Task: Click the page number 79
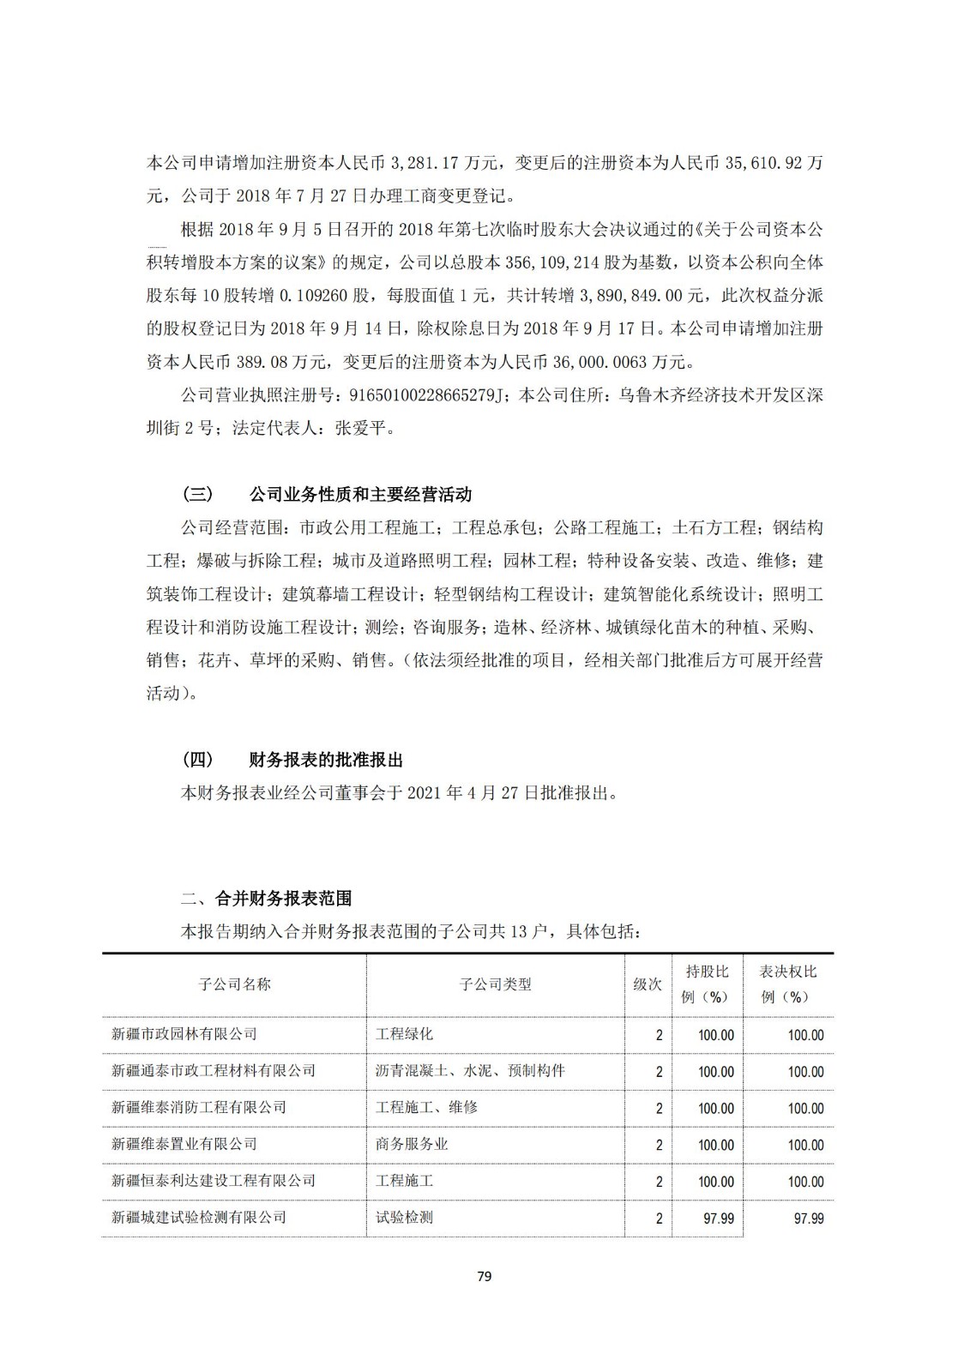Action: coord(484,1276)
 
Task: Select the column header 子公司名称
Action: coord(234,984)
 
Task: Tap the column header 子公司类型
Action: coord(495,984)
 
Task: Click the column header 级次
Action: coord(648,984)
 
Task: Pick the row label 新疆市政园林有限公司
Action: coord(184,1034)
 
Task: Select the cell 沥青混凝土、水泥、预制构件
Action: coord(470,1071)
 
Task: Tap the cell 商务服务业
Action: coord(412,1145)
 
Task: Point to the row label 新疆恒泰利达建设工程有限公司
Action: coord(214,1181)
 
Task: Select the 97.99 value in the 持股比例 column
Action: coord(718,1219)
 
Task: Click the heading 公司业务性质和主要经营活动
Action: coord(360,495)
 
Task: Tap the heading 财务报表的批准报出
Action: coord(326,761)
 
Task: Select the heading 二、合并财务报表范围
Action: coord(267,899)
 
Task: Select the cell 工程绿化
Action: coord(404,1034)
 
